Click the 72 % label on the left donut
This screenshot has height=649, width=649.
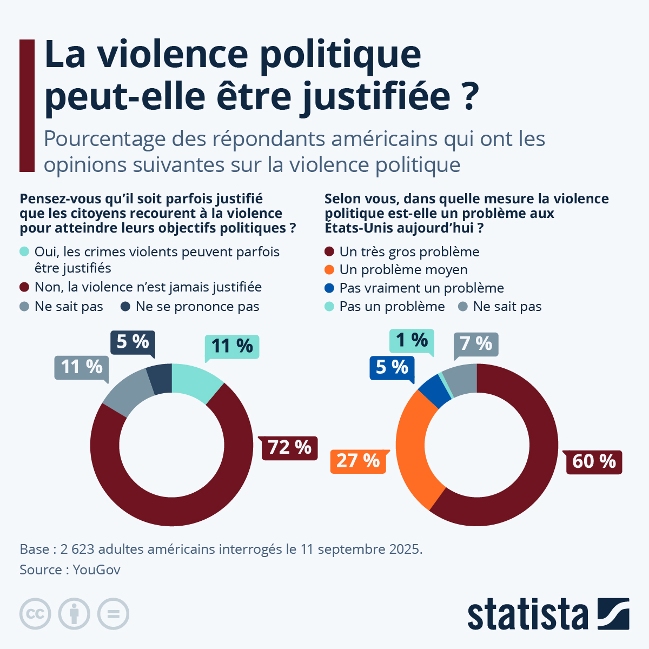point(289,448)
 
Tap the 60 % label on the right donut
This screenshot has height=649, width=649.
point(594,461)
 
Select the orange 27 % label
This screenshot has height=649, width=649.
point(358,461)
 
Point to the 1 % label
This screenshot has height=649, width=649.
point(412,340)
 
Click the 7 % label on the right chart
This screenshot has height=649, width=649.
point(476,344)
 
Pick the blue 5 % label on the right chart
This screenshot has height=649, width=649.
point(392,367)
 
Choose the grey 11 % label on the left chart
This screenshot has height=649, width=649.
point(82,367)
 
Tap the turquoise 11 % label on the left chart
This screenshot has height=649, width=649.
point(232,346)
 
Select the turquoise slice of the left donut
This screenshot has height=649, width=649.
point(196,381)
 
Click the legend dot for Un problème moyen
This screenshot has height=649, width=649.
point(329,270)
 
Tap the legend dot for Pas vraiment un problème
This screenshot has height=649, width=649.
point(329,288)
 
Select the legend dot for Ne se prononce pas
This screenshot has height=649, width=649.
point(125,307)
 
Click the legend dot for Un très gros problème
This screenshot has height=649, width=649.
point(329,252)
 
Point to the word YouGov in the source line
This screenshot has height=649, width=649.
point(96,570)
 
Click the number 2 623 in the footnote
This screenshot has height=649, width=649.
point(77,549)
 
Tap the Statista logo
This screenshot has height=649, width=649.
point(548,614)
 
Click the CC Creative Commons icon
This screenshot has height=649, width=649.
point(35,614)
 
